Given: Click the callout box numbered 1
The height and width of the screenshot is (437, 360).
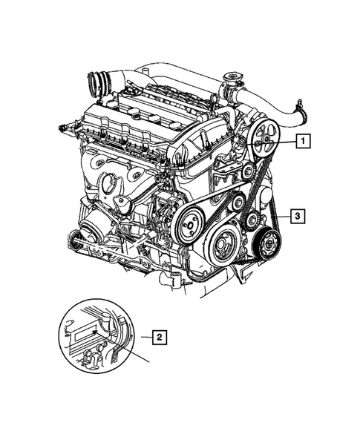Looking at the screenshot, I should point(304,139).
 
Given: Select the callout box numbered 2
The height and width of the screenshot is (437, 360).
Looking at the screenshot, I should point(158,338).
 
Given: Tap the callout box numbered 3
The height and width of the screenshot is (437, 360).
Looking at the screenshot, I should point(296,217).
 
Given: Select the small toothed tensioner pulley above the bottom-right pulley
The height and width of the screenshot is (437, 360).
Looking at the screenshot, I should point(253,218).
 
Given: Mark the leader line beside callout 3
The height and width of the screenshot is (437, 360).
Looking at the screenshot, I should point(282,217).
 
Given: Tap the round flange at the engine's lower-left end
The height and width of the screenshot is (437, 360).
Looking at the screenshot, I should point(74,240).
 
